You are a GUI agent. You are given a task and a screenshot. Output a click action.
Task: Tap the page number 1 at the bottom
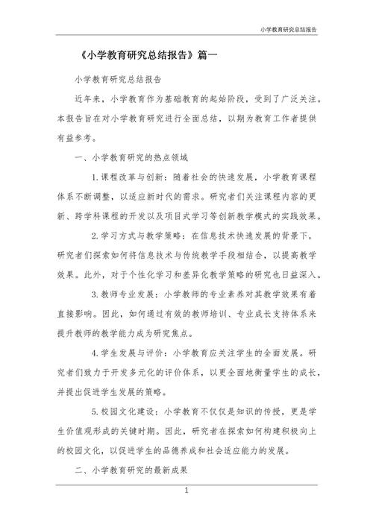(186, 493)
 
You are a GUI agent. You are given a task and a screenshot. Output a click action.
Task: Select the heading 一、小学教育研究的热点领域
(125, 158)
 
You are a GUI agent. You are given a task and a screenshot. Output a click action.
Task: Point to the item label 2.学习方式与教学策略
(138, 236)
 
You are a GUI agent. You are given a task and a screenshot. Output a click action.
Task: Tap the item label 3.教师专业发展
(123, 294)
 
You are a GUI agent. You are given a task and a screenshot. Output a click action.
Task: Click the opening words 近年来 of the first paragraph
(88, 98)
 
